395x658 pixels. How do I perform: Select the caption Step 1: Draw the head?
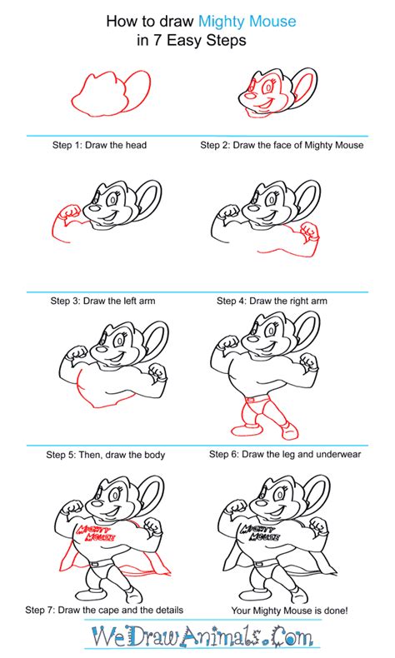[x=97, y=146]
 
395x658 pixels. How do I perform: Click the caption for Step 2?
[x=282, y=146]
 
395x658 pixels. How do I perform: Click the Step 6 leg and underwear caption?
[x=281, y=455]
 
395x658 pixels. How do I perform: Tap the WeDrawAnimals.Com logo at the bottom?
[x=197, y=637]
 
